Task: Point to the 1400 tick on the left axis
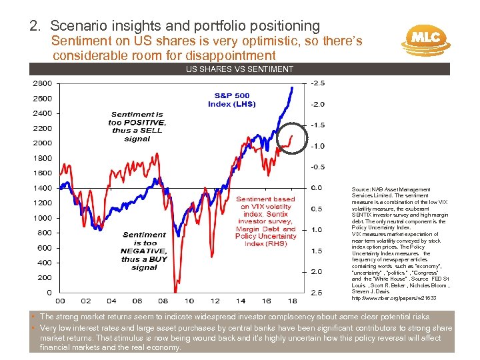(x=41, y=188)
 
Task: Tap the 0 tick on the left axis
(x=49, y=293)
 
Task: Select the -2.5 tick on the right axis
(x=319, y=83)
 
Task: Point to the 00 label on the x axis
(x=59, y=301)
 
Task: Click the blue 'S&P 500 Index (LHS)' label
(x=229, y=99)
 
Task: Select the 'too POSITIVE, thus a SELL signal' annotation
(x=137, y=127)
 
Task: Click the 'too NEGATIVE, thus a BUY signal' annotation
(x=144, y=251)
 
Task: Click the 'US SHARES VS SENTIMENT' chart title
(x=239, y=69)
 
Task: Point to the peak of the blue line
(x=291, y=87)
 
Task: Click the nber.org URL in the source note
(x=386, y=298)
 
